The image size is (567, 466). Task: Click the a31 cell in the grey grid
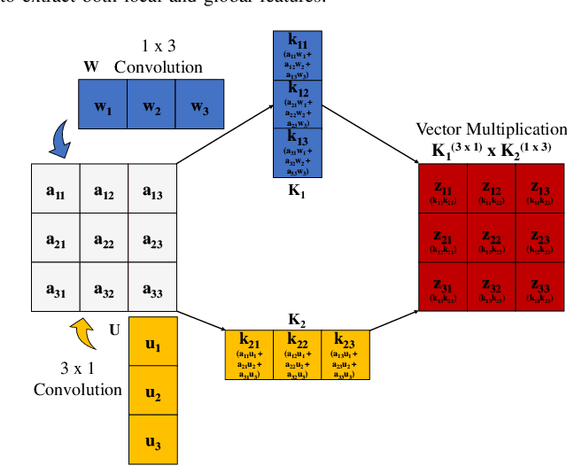click(56, 288)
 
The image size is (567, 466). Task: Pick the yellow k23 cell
click(346, 354)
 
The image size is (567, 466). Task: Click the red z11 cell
click(442, 191)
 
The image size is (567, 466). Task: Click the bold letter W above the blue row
click(89, 67)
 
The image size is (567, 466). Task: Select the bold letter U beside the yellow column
click(114, 330)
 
